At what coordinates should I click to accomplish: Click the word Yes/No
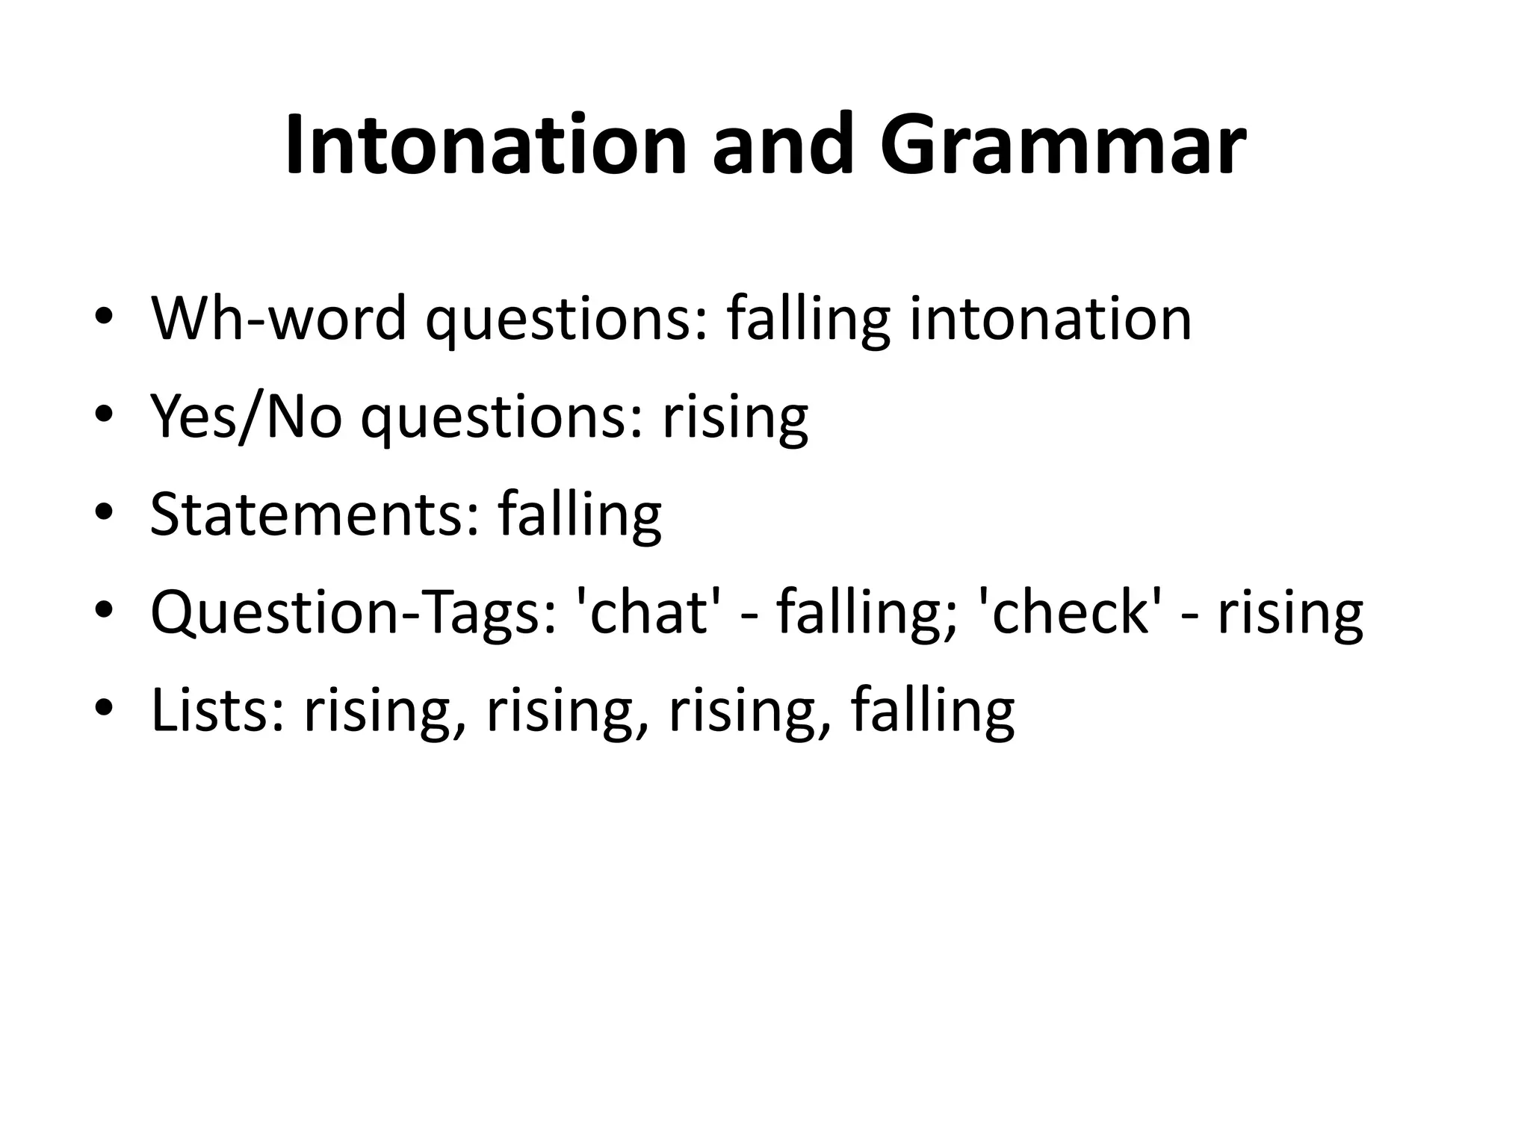(247, 417)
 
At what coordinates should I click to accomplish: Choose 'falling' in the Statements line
(580, 515)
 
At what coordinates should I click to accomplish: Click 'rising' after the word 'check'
(1290, 613)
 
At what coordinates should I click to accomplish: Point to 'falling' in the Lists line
(932, 710)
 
